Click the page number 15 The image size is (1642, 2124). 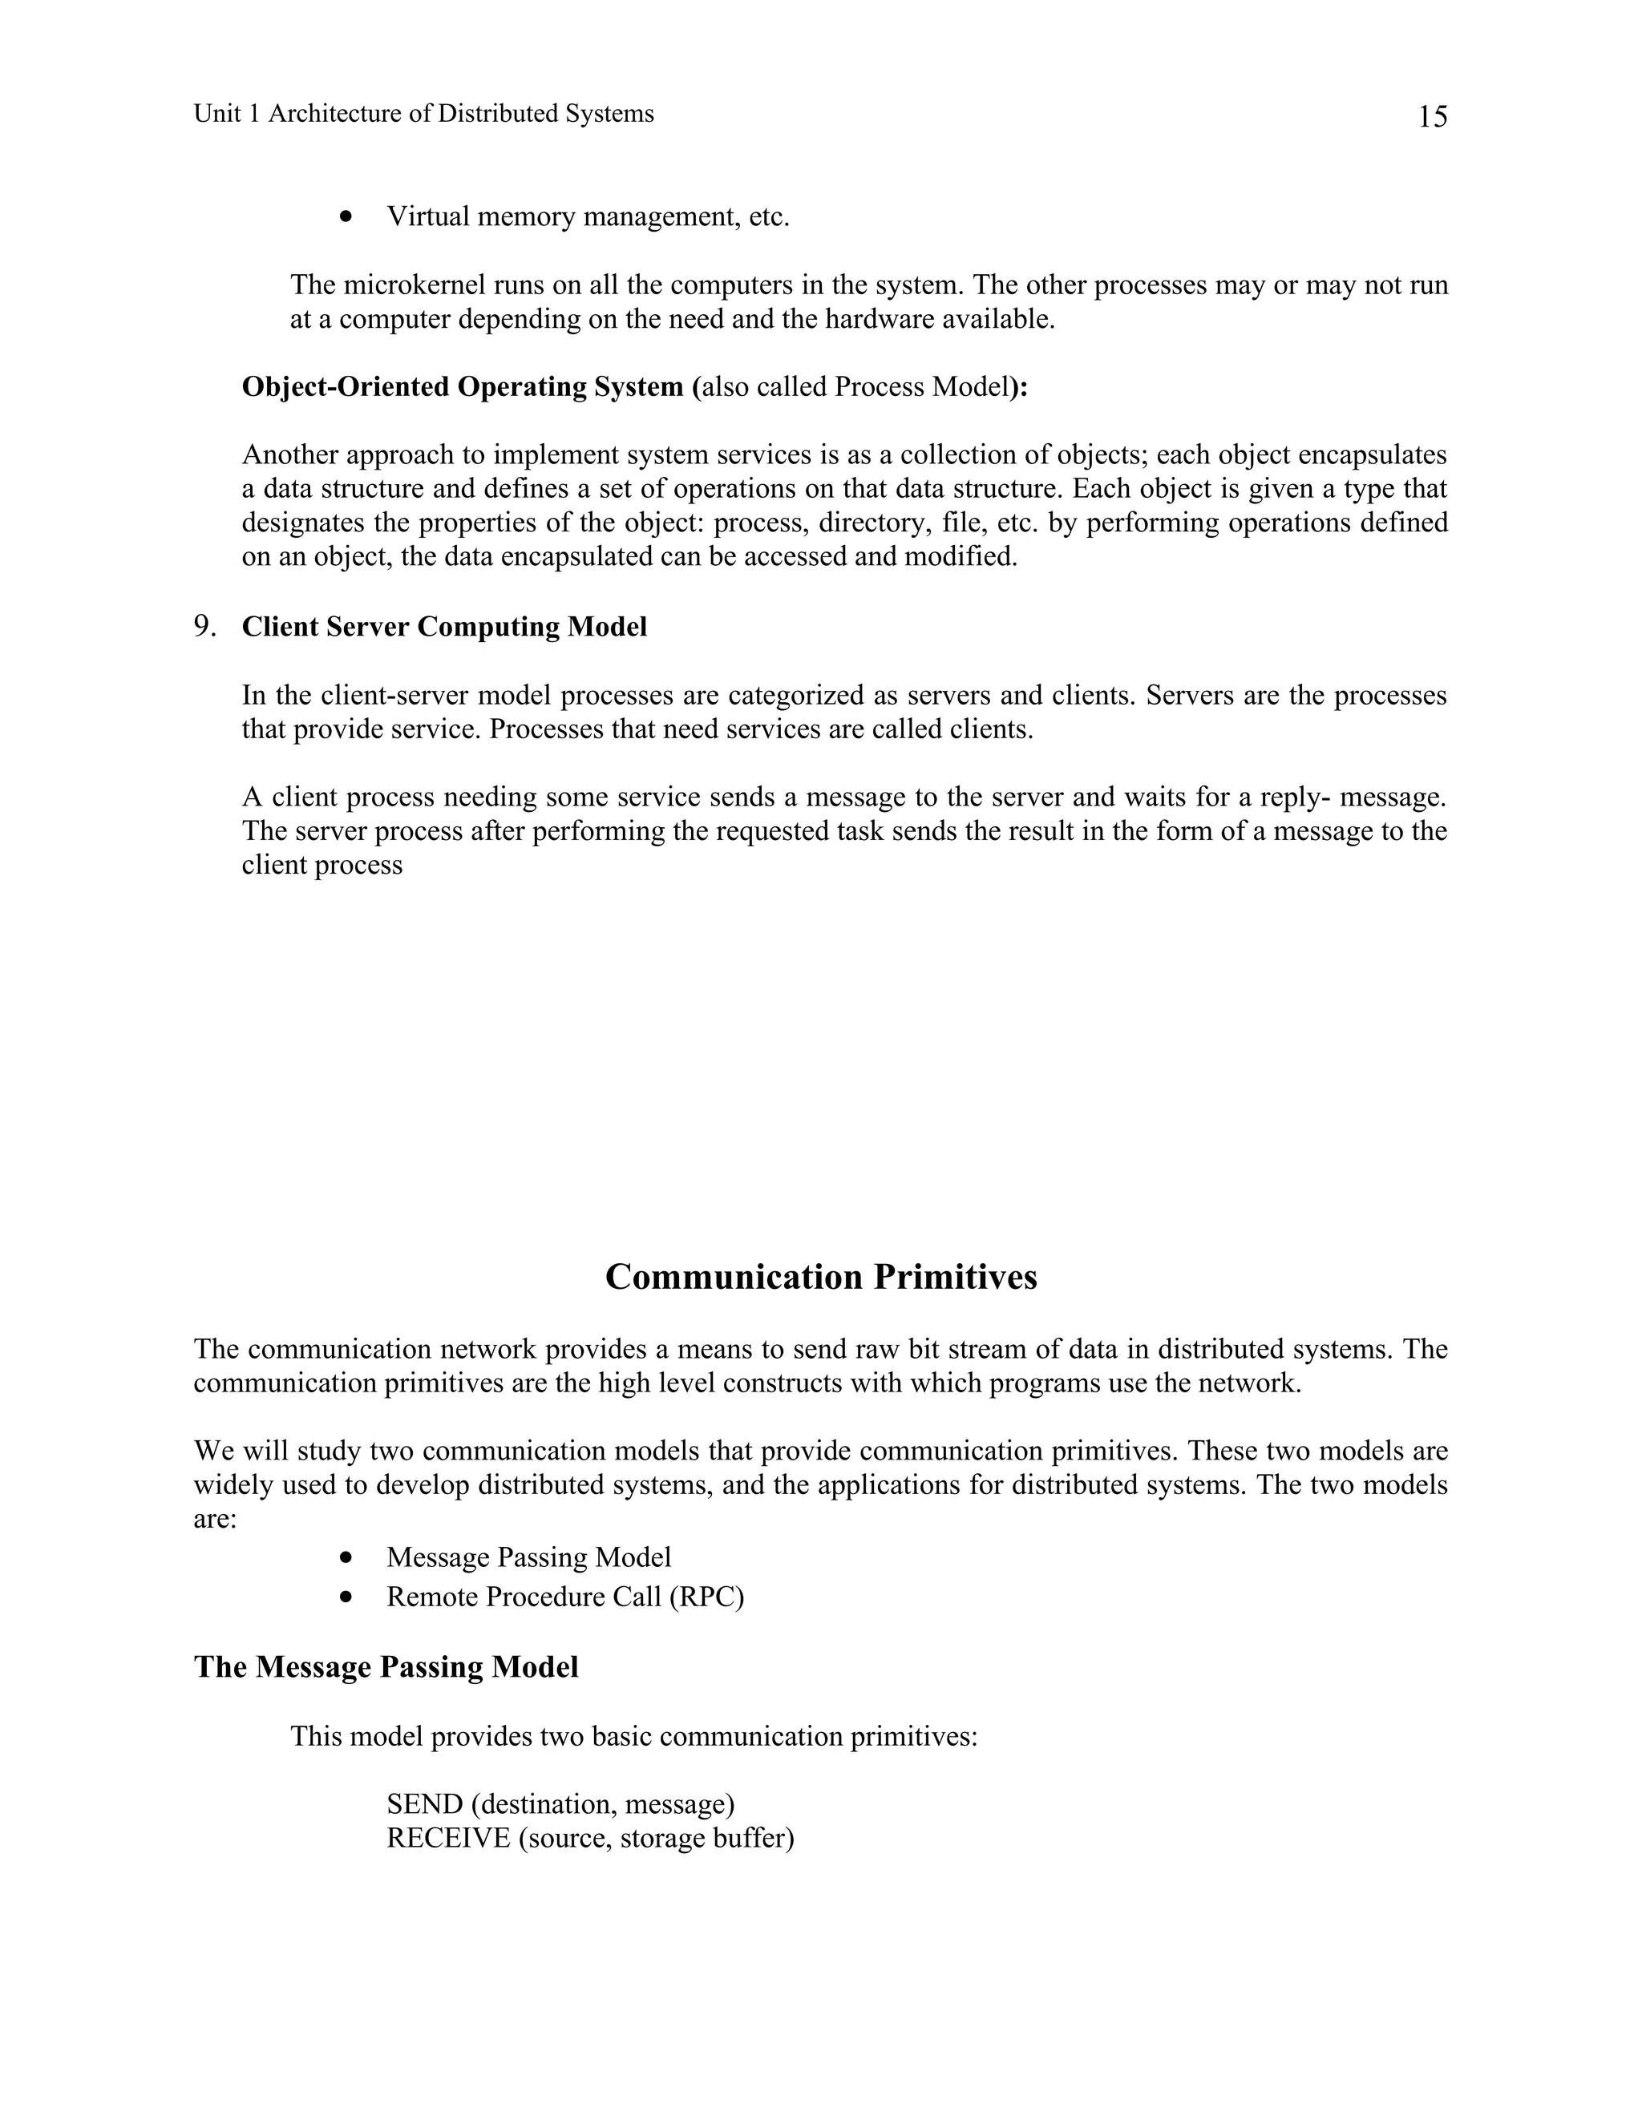pos(1432,118)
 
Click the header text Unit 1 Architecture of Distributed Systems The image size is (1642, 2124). pos(423,114)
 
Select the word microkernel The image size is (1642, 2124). pos(410,285)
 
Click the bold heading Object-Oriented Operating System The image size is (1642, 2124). pos(462,387)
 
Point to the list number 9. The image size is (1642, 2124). pos(204,626)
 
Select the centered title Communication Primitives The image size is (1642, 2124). pos(820,1277)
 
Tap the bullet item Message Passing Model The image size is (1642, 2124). pos(528,1557)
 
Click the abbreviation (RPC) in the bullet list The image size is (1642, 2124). pos(706,1597)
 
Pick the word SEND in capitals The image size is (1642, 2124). pos(425,1804)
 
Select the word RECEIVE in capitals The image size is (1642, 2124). pos(447,1838)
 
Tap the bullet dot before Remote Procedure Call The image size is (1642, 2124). pos(346,1597)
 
